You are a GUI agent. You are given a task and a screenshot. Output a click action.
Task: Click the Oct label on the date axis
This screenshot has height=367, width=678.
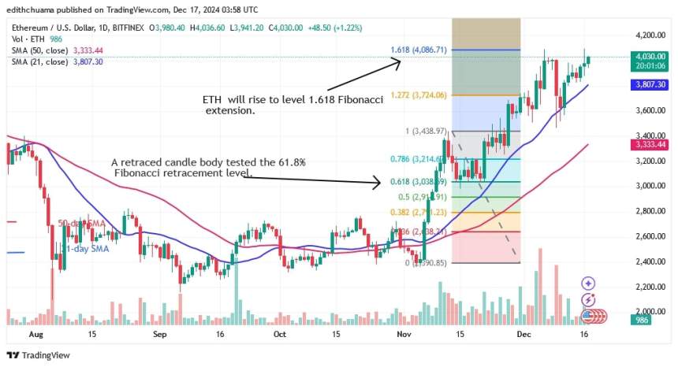[x=279, y=334]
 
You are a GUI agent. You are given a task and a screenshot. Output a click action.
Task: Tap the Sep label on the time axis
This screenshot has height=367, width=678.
[x=160, y=334]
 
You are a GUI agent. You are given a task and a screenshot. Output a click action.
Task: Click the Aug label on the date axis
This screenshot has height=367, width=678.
[x=35, y=334]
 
